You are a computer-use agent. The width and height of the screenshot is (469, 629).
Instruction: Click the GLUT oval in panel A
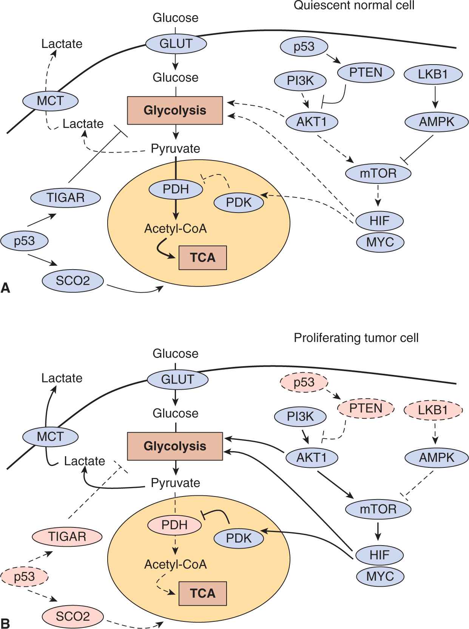(x=176, y=43)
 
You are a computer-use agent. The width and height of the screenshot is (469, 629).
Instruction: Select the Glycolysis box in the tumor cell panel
(x=175, y=446)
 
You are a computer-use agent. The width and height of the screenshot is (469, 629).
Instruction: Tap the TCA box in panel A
(x=203, y=257)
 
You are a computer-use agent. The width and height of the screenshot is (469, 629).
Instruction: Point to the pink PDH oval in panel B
(x=174, y=525)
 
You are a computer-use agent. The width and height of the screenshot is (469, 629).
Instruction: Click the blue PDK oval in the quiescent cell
(x=239, y=202)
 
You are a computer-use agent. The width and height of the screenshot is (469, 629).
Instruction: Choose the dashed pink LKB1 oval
(x=433, y=410)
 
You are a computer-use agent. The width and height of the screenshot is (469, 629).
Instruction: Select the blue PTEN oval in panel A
(x=366, y=72)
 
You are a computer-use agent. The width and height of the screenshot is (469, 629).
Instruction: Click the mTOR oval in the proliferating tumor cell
(x=378, y=509)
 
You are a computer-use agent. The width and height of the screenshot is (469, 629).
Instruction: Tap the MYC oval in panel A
(x=380, y=242)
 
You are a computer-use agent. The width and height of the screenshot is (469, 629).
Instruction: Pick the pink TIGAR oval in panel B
(x=67, y=536)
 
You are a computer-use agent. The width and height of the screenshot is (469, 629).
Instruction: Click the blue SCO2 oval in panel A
(x=73, y=281)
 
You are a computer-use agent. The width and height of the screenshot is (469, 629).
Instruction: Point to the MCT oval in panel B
(x=50, y=436)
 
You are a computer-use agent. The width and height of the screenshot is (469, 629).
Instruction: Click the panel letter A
(x=5, y=288)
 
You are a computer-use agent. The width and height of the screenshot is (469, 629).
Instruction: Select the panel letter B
(x=5, y=623)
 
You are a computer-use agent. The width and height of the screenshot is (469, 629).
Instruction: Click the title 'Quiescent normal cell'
(x=354, y=5)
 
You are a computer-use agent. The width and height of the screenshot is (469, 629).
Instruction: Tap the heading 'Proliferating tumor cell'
(x=356, y=338)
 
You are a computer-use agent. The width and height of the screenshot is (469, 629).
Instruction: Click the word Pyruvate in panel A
(x=175, y=148)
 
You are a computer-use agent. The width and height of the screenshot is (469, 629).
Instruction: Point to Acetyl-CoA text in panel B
(x=175, y=564)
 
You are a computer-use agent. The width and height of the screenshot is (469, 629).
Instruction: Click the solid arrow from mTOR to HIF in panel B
(x=378, y=531)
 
